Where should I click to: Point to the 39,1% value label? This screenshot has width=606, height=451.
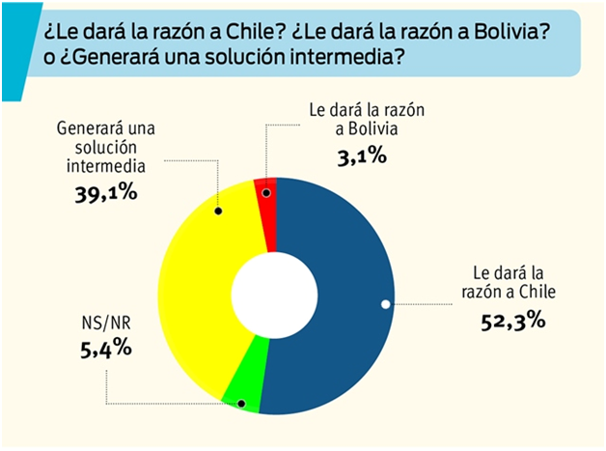pyautogui.click(x=106, y=193)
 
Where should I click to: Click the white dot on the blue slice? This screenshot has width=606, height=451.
pyautogui.click(x=386, y=305)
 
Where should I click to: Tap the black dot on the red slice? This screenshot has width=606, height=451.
pyautogui.click(x=267, y=194)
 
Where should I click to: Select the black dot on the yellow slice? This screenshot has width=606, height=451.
pyautogui.click(x=218, y=211)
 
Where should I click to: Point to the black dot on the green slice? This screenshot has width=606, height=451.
pyautogui.click(x=241, y=403)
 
